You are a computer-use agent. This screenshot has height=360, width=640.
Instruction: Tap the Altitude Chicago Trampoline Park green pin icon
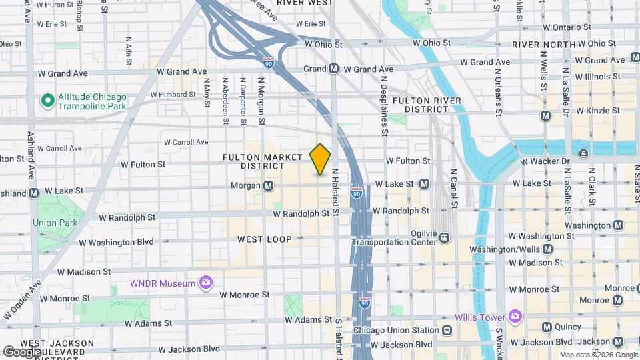point(47,101)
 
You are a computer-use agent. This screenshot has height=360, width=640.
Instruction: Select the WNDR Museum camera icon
point(207,283)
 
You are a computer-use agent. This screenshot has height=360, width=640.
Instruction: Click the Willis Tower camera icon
point(514,315)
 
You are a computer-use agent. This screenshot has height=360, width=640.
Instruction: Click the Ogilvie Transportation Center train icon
point(445,237)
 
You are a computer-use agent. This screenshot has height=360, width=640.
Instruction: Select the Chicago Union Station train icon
point(447,330)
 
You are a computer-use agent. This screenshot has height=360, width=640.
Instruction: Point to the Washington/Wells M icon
point(547,249)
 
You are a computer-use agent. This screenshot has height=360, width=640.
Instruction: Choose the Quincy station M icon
point(547,327)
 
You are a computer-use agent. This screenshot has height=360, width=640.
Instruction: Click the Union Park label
point(55,223)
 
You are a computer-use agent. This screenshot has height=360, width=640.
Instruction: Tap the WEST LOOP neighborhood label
point(265,239)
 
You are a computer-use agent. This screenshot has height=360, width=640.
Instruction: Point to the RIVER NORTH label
point(544,45)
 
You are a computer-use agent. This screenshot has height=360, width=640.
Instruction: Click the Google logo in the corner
point(22,351)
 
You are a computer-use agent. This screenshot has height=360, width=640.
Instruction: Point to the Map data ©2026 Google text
point(598,354)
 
